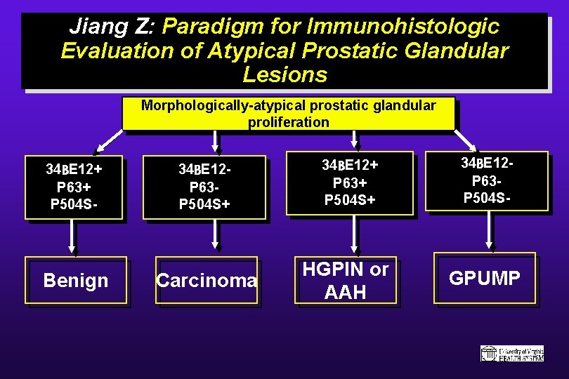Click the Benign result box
pos(76,280)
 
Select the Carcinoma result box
pos(207,281)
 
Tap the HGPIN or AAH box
pos(344,280)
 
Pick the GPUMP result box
pos(484,278)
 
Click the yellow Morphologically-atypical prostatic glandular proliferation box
pos(288,114)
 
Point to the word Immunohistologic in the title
pos(403,27)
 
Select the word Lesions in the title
pos(284,74)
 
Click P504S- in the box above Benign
pos(74,204)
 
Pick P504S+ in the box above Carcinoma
pos(204,204)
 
